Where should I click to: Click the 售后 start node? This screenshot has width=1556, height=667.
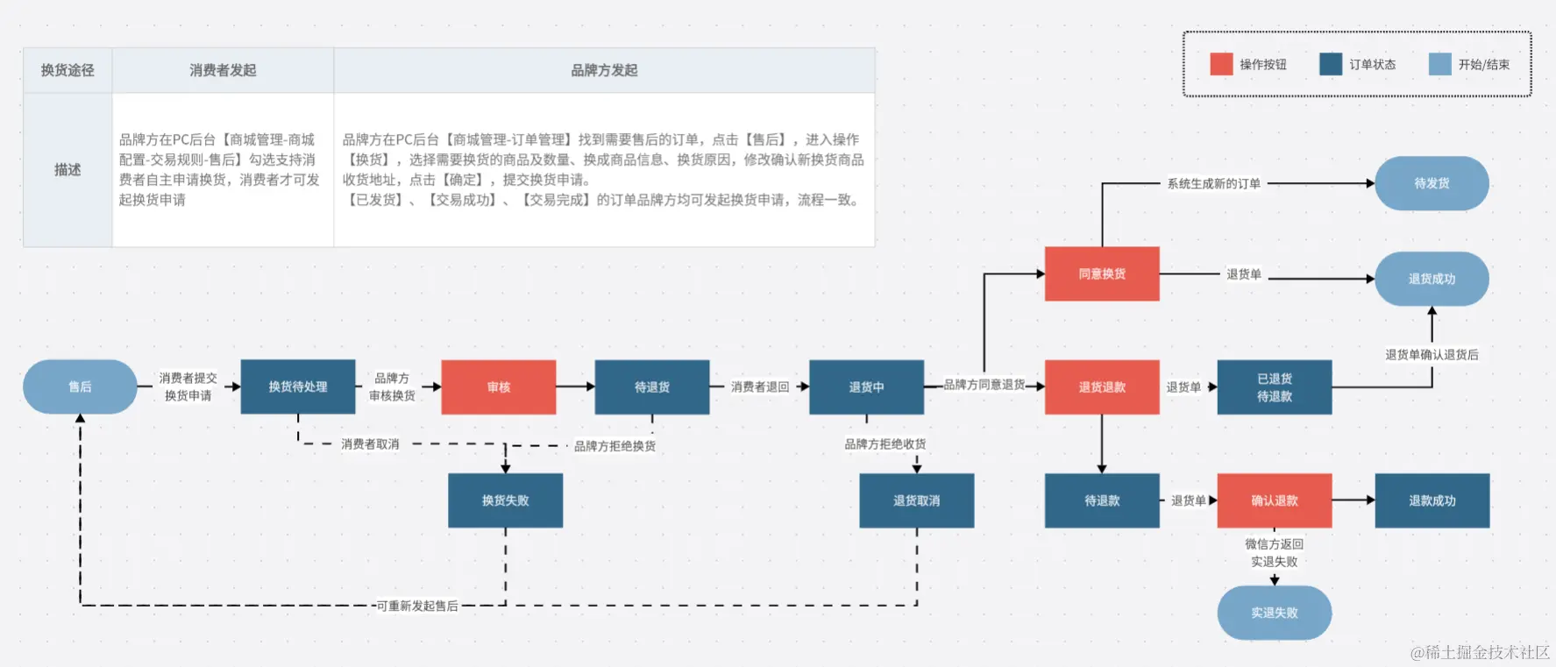tap(80, 387)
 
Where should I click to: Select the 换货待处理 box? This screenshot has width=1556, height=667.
tap(298, 387)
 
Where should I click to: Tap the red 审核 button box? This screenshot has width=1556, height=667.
tap(499, 387)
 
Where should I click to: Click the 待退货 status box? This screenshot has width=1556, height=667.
tap(652, 387)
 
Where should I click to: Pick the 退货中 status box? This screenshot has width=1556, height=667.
tap(866, 387)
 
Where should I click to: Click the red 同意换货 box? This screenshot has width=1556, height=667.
tap(1102, 273)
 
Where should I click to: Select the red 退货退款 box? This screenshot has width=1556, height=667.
tap(1102, 387)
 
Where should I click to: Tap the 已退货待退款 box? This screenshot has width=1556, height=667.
tap(1275, 387)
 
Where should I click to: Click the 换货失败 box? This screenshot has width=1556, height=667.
tap(505, 500)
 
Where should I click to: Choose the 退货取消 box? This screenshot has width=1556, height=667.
tap(916, 500)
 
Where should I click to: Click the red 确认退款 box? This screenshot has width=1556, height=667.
tap(1275, 500)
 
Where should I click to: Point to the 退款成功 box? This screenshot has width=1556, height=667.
tap(1432, 500)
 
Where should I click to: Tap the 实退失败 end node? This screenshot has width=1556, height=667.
tap(1275, 613)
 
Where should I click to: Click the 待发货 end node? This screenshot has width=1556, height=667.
tap(1432, 183)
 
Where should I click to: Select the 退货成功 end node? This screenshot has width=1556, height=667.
tap(1432, 279)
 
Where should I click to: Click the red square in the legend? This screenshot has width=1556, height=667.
tap(1221, 64)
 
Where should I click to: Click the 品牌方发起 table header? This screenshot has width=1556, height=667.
tap(604, 70)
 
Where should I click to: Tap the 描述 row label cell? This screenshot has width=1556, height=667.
tap(67, 169)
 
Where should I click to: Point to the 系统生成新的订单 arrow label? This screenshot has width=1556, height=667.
tap(1213, 183)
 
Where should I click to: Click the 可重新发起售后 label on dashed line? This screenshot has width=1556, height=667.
tap(417, 606)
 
